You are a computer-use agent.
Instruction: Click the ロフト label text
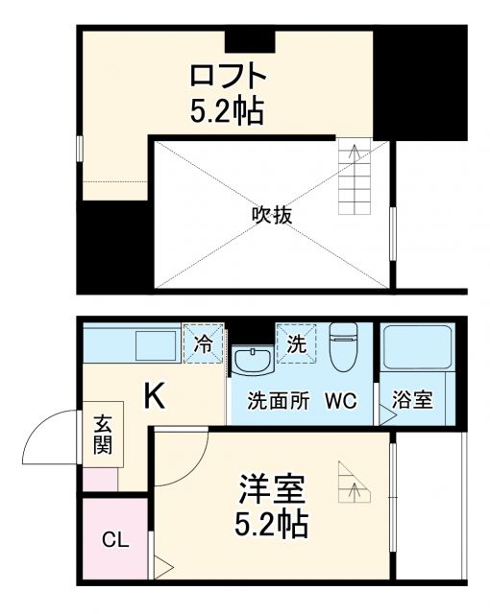click(226, 75)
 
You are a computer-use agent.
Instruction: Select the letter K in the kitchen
click(154, 395)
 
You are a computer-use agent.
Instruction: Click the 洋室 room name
click(272, 489)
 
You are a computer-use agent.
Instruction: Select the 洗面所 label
click(279, 400)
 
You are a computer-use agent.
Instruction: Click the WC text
click(342, 400)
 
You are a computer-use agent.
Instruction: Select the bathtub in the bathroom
click(418, 348)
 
